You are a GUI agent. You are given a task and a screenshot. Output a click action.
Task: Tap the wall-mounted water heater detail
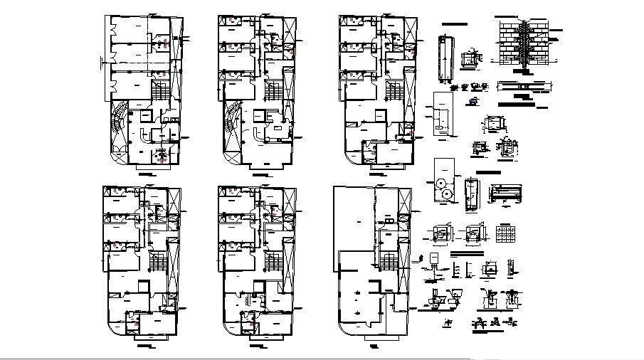[x=432, y=258]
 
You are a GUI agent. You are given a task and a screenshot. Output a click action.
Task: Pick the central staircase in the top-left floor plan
[x=159, y=90]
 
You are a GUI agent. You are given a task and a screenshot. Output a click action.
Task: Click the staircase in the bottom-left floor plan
[x=157, y=262]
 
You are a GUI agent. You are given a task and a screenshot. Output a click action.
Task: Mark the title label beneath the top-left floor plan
[x=147, y=173]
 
